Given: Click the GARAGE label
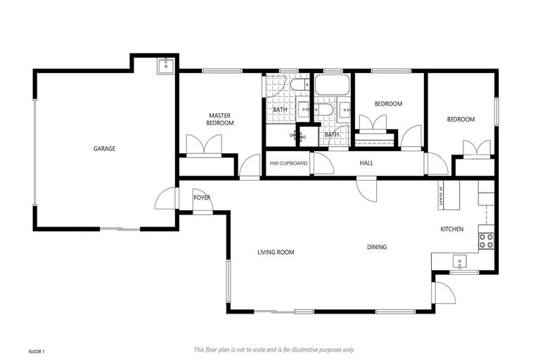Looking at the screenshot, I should pos(104,148).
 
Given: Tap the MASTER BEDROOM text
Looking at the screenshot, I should pos(219,119).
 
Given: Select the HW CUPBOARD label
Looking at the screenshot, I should pos(288,163).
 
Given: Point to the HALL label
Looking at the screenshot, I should pos(366,163).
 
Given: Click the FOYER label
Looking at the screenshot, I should pos(202,198).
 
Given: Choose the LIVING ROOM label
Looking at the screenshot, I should pos(275,252).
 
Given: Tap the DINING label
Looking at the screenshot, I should pos(376,247).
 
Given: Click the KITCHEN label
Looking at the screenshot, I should pos(451,229).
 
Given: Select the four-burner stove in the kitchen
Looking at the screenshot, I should pos(486,241).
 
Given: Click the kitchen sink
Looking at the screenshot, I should pos(458,262).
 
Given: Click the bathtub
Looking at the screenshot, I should pos(333,86).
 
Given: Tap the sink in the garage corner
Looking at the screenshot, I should pos(165,65).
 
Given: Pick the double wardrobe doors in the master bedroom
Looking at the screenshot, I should pos(204,146).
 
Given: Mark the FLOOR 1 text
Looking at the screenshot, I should pos(37,350).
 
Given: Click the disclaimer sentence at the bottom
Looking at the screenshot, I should pos(274,349).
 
